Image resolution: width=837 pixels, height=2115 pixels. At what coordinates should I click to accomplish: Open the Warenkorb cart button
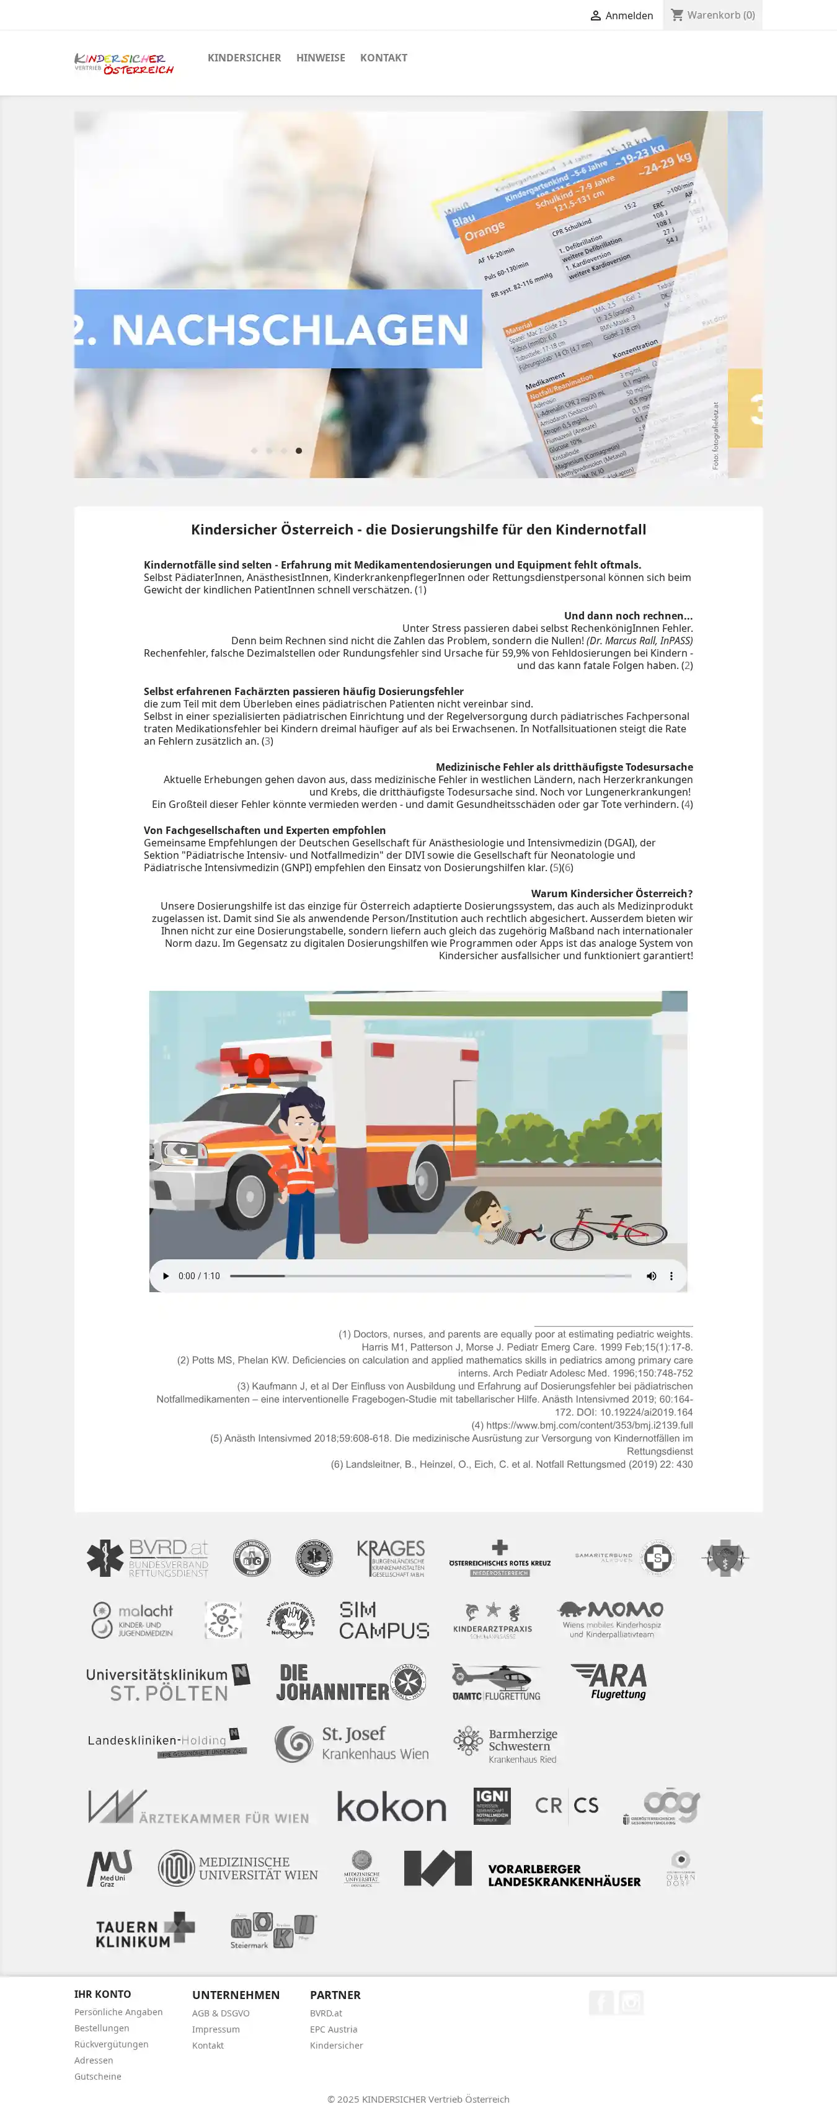click(x=712, y=16)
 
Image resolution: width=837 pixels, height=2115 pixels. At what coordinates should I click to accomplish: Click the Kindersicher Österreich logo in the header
click(x=124, y=63)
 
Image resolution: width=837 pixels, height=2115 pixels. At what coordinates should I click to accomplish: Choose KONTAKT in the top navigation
click(x=383, y=58)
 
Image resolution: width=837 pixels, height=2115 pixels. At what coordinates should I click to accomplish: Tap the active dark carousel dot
click(x=299, y=451)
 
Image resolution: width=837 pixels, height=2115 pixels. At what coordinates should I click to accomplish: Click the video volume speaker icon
click(x=651, y=1276)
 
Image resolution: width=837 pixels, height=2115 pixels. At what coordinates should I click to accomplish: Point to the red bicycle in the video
click(x=608, y=1229)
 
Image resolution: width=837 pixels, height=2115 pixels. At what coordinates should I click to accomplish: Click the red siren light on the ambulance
click(x=259, y=1066)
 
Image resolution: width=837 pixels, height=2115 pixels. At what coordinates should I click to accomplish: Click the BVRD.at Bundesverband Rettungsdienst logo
click(x=148, y=1558)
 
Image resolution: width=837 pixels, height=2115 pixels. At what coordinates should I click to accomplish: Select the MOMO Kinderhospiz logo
click(x=611, y=1619)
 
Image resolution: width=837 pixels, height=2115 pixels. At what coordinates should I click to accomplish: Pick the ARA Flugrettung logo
click(x=609, y=1681)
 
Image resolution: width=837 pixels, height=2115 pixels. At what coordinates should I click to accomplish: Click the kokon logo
click(x=391, y=1807)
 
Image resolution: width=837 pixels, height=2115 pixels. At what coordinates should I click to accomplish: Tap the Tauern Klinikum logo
click(x=144, y=1932)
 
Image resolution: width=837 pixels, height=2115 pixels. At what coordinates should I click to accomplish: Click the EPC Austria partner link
click(x=333, y=2029)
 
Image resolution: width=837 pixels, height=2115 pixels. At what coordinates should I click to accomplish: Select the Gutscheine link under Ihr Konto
click(x=98, y=2077)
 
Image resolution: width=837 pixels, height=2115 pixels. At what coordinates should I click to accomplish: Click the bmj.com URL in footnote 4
click(x=588, y=1426)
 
